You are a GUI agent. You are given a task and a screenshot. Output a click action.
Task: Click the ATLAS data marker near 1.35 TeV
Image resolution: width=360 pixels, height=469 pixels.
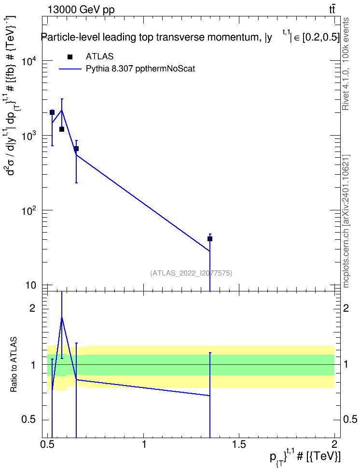coord(210,239)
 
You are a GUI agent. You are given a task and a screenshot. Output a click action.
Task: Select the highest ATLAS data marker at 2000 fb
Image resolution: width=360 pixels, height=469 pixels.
coord(52,112)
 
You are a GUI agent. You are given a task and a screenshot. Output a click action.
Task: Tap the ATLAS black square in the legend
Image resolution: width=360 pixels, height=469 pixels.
coord(70,57)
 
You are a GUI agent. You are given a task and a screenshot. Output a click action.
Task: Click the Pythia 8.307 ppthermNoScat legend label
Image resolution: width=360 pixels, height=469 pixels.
coord(140,69)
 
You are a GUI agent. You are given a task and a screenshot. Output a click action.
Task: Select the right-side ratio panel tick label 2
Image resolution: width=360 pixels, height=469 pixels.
coord(346,308)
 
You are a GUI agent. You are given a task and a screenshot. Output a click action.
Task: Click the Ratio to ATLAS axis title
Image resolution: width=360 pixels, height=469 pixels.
coord(14,365)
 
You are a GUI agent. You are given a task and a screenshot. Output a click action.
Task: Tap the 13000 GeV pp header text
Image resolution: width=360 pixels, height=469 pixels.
coord(81,10)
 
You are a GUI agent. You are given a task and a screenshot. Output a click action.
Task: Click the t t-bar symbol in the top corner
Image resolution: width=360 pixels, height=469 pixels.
coord(332,9)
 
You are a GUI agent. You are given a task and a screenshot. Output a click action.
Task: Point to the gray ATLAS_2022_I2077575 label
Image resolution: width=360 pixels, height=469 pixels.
coord(191,273)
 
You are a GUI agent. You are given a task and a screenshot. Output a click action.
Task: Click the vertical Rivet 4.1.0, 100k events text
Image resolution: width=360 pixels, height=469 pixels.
coord(346,64)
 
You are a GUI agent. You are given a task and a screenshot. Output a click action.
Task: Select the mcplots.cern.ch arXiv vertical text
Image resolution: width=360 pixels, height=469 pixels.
coord(346,221)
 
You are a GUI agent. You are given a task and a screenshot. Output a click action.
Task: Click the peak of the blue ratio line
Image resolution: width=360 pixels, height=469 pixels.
coord(62,317)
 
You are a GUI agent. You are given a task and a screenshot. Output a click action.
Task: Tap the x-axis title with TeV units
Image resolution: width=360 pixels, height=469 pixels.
coord(305,457)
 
